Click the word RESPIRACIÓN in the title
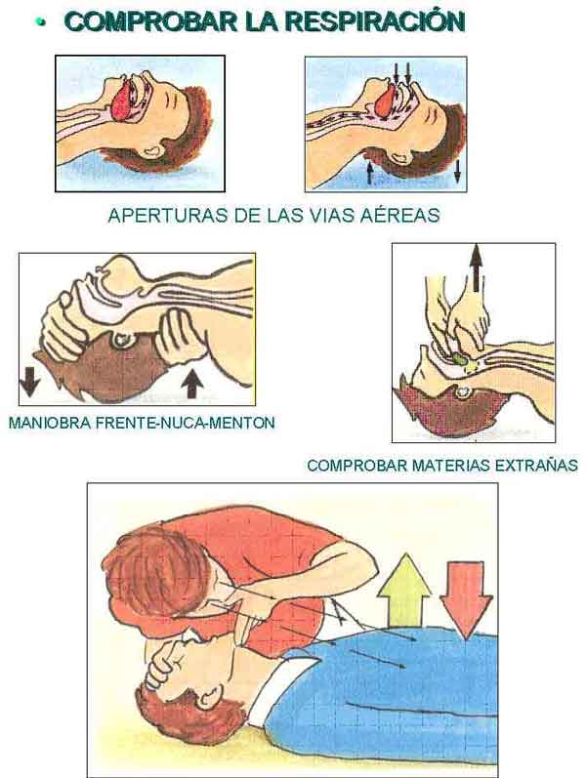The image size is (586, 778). [x=375, y=20]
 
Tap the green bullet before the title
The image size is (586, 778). [x=41, y=21]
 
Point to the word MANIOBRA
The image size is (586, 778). [x=50, y=423]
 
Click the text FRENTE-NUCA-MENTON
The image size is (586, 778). [x=185, y=423]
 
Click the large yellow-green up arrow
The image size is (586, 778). [x=404, y=589]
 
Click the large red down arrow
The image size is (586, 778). [x=466, y=600]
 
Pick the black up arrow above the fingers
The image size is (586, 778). [x=476, y=266]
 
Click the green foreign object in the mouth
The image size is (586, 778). [x=460, y=359]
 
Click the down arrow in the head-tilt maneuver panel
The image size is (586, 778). [x=29, y=382]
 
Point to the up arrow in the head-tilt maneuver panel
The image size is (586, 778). [x=192, y=384]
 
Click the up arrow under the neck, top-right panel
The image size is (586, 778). [x=369, y=172]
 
